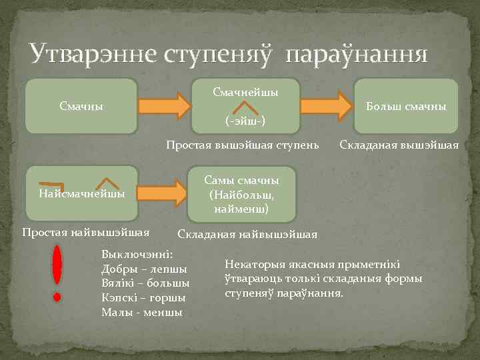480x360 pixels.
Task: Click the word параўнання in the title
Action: tap(356, 54)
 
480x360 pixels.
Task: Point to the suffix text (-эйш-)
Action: tap(245, 120)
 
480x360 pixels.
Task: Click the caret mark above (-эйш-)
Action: tap(247, 106)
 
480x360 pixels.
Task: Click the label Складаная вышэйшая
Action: tap(399, 144)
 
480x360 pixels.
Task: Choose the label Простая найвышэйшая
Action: tap(85, 232)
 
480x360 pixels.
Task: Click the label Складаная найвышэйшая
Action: tap(247, 234)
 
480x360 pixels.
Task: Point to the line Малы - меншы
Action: tap(141, 312)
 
